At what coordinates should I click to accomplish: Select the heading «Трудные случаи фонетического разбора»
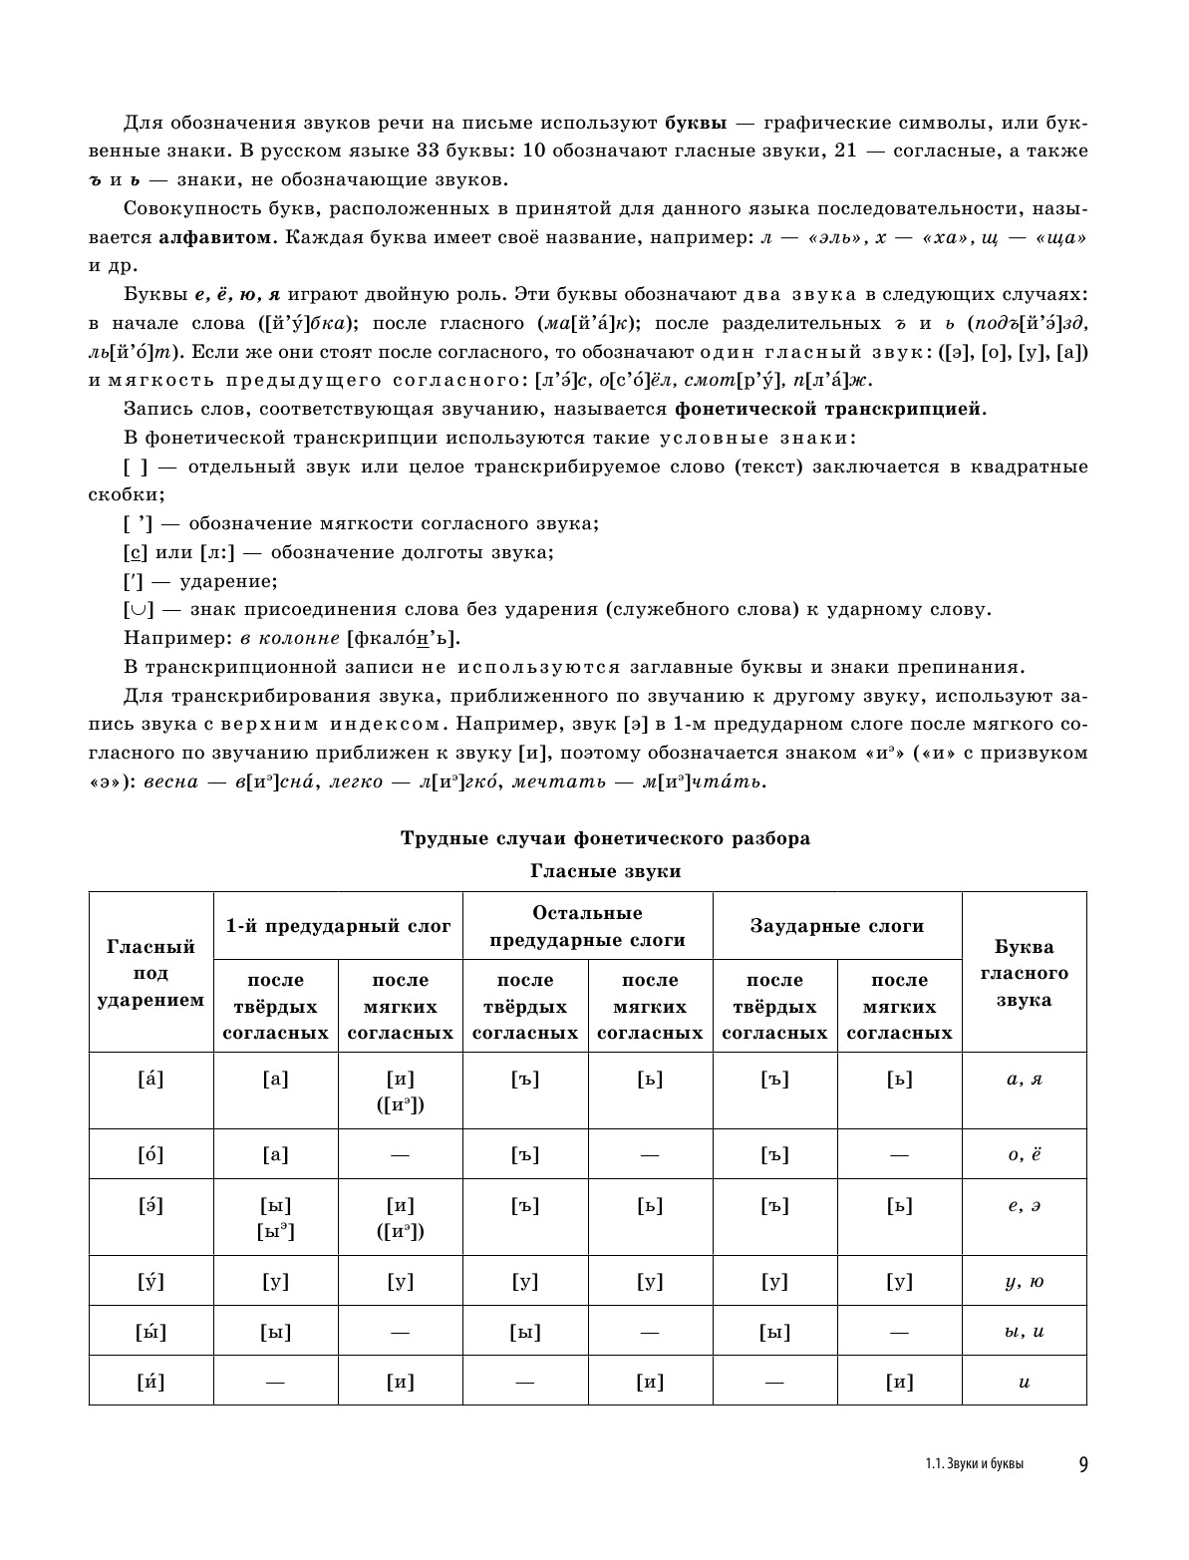pyautogui.click(x=605, y=838)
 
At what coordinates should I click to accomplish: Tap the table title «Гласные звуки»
pyautogui.click(x=605, y=871)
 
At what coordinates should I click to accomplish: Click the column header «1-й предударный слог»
pyautogui.click(x=338, y=926)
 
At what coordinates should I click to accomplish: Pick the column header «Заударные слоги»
pyautogui.click(x=837, y=926)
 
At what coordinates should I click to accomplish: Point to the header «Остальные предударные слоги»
pyautogui.click(x=587, y=926)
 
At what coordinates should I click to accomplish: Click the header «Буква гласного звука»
pyautogui.click(x=1024, y=973)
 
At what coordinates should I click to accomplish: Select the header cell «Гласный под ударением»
pyautogui.click(x=150, y=973)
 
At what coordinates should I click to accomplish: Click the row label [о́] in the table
pyautogui.click(x=150, y=1155)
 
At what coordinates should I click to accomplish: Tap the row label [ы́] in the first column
pyautogui.click(x=150, y=1332)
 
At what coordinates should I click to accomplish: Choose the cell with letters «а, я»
pyautogui.click(x=1024, y=1080)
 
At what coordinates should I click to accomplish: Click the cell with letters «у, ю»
pyautogui.click(x=1024, y=1282)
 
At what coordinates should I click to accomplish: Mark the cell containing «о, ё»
pyautogui.click(x=1024, y=1155)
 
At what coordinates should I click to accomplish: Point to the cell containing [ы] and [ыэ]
pyautogui.click(x=276, y=1218)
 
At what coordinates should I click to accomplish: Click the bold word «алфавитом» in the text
pyautogui.click(x=213, y=237)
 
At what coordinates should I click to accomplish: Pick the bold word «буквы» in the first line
pyautogui.click(x=695, y=124)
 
